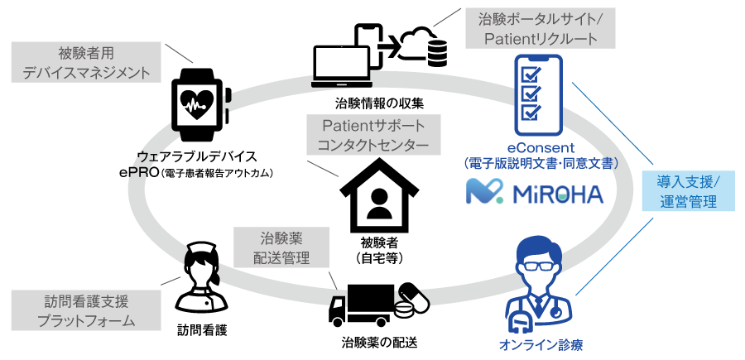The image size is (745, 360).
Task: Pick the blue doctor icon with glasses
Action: coord(540,286)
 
